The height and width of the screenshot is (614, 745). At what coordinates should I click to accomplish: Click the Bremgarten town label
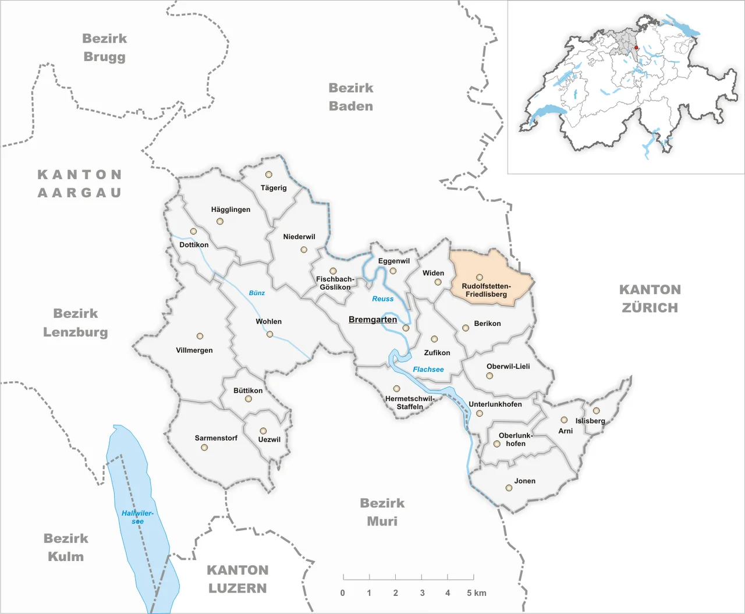point(372,320)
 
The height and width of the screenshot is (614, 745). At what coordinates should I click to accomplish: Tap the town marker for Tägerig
point(268,175)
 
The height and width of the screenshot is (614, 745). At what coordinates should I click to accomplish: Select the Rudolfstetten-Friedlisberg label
point(486,290)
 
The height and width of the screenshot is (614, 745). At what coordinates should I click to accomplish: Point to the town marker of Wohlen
point(269,334)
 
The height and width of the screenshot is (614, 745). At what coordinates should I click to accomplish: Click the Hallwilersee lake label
point(137,517)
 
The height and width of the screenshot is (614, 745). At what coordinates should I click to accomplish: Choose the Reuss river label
point(382,299)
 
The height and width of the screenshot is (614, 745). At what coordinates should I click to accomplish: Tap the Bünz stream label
point(257,293)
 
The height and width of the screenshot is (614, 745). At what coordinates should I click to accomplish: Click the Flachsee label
point(428,370)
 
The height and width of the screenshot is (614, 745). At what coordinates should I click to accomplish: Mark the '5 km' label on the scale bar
point(476,593)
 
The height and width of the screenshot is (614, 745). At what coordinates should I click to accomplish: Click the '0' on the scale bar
point(343,593)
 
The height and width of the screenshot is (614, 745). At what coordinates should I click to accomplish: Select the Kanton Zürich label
point(650,299)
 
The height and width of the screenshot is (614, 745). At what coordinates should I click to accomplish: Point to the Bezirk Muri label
point(382,512)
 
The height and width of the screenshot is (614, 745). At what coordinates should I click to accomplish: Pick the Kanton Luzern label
point(237,579)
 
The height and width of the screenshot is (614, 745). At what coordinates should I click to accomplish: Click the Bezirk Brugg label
point(104,48)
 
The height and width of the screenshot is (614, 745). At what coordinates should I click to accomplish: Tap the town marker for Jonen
point(509,488)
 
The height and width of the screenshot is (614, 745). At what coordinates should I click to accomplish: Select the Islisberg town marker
point(596,411)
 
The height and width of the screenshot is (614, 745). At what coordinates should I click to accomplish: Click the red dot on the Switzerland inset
point(636,48)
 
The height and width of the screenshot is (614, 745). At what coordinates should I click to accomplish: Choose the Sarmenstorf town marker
point(204,448)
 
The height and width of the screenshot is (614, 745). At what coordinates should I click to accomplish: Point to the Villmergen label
point(194,350)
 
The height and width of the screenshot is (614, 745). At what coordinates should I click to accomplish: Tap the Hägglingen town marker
point(219,221)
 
